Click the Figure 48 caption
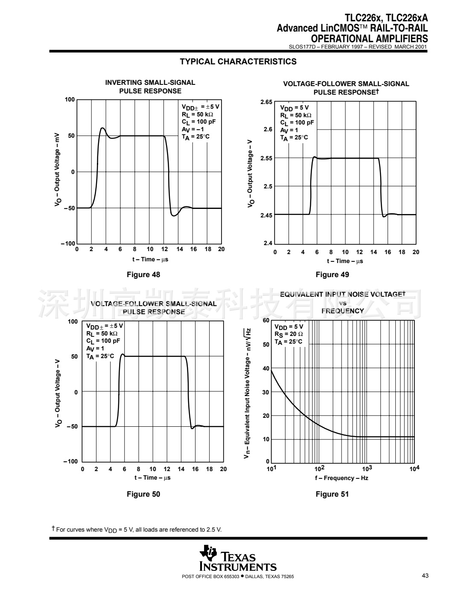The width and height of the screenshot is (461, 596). click(143, 275)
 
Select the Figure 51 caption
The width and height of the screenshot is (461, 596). click(332, 494)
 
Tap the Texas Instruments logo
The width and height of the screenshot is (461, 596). click(238, 558)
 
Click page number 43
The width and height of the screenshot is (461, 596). click(425, 576)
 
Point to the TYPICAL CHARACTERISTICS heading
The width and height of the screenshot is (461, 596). click(238, 61)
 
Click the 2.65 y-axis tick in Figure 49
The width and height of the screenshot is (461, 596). click(266, 102)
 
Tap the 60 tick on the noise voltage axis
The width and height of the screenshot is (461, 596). click(266, 321)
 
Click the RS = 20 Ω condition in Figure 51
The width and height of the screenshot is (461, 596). click(289, 334)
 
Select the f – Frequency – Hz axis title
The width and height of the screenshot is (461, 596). click(341, 478)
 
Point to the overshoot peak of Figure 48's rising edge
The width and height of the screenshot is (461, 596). click(102, 128)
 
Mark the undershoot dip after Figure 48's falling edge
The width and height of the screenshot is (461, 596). click(174, 216)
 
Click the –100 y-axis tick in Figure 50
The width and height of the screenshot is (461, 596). click(71, 461)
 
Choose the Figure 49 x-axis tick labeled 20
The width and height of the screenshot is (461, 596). click(416, 252)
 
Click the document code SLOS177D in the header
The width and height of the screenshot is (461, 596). click(301, 47)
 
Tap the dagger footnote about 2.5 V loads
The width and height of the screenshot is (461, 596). click(137, 529)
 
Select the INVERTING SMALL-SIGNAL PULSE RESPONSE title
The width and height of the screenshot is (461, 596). click(150, 87)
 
